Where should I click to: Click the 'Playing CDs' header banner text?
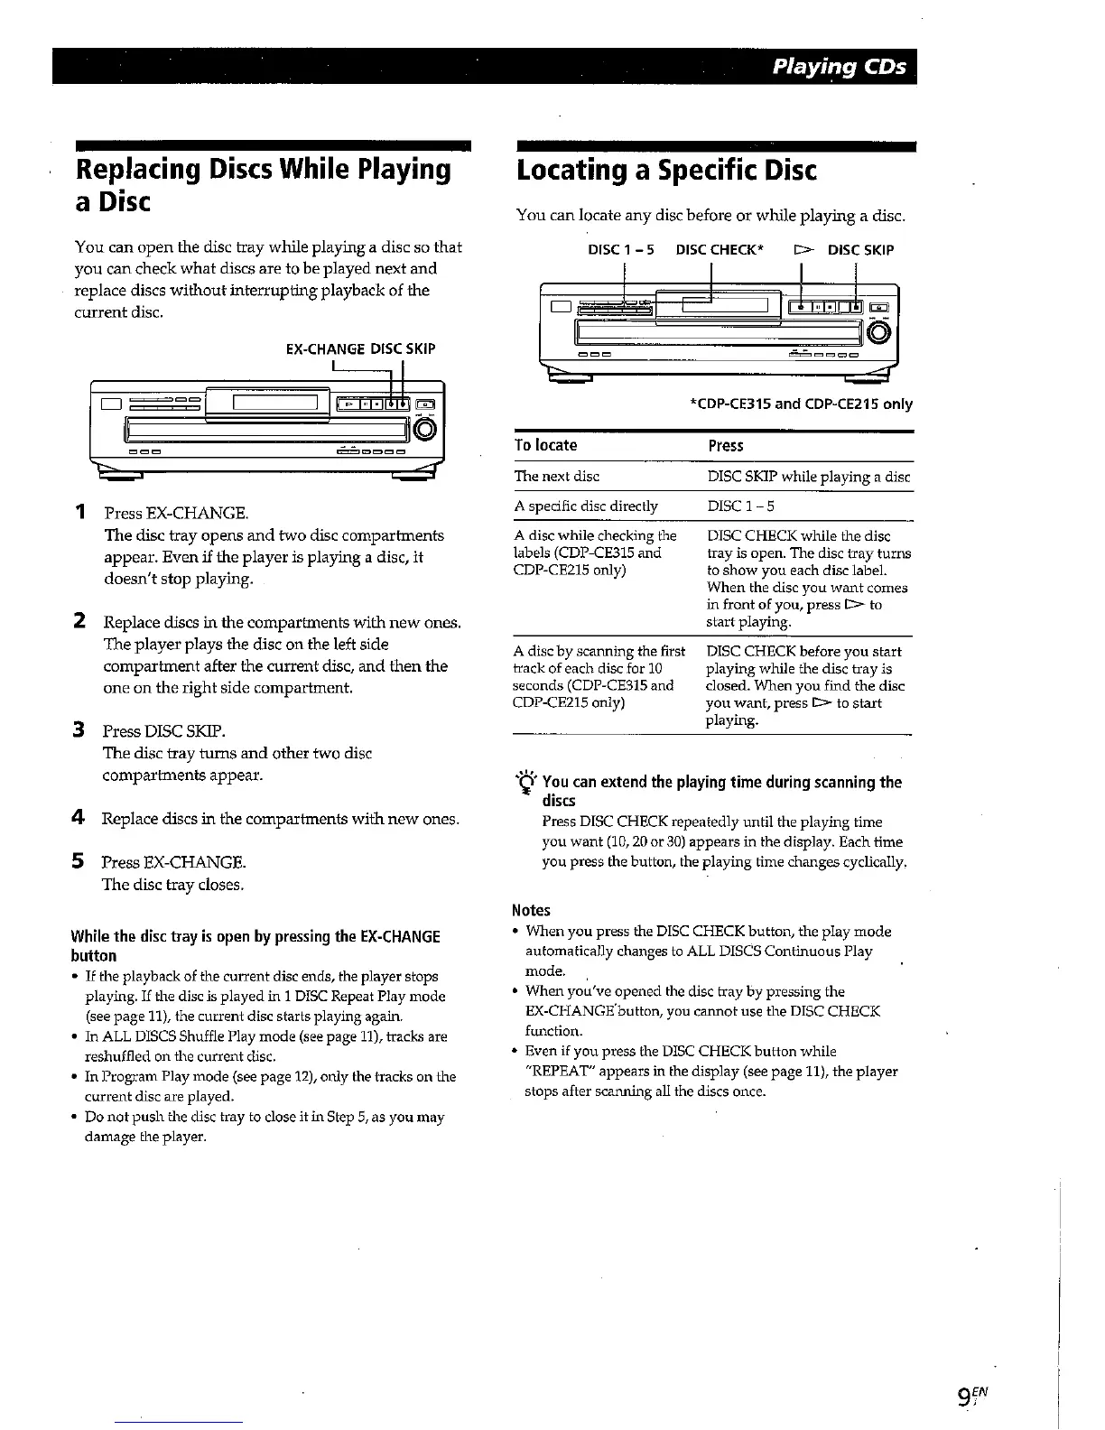(839, 68)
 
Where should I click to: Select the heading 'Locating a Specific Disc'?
(666, 171)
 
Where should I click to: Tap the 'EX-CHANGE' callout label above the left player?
(325, 348)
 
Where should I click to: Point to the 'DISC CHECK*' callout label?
(720, 250)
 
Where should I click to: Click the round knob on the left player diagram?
(428, 428)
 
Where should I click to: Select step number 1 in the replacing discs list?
(80, 513)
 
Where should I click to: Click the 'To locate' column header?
(545, 445)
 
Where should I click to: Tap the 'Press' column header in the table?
(726, 445)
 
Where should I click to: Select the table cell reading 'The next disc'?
(556, 476)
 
